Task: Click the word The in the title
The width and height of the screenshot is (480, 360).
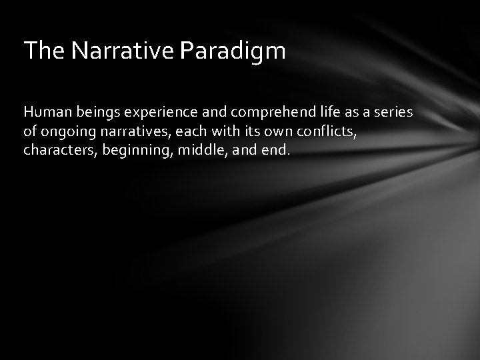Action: (x=41, y=51)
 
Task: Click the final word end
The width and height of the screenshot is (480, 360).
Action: (x=278, y=151)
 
